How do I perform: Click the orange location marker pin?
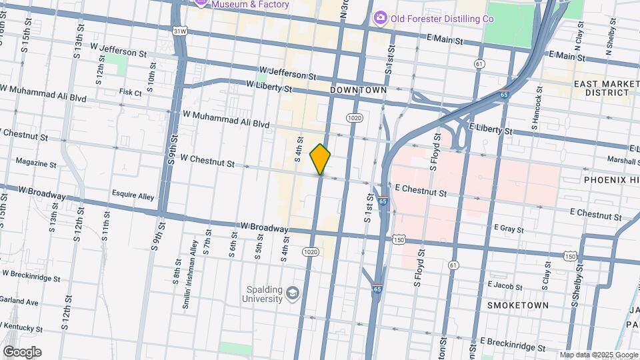tap(321, 159)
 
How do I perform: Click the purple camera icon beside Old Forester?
tap(380, 17)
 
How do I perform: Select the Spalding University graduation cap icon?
tap(292, 293)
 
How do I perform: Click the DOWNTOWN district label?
tap(358, 89)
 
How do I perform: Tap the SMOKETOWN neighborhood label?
tap(518, 305)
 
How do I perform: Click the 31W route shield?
tap(179, 31)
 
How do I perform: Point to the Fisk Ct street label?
tap(131, 93)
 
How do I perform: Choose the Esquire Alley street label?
tap(133, 197)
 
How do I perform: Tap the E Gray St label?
tap(509, 229)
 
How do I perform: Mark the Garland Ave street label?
tap(19, 301)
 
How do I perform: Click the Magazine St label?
tap(35, 163)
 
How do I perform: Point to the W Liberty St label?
tap(269, 85)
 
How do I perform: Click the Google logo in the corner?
tap(22, 352)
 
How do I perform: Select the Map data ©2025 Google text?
tap(598, 355)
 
